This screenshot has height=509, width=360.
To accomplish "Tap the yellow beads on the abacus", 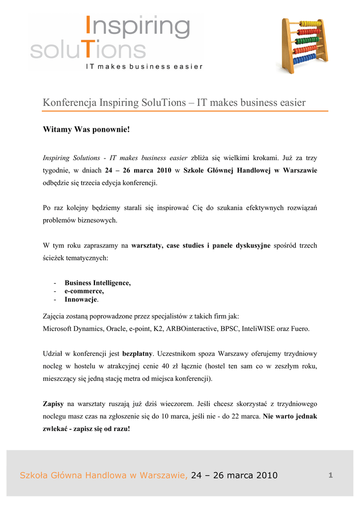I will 311,23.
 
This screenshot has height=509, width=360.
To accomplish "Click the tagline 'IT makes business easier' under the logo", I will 144,67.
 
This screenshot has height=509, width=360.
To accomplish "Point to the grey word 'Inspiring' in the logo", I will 137,29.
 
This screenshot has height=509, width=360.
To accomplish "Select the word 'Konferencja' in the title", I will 70,103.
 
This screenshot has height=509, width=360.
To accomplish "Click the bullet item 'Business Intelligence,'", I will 97,283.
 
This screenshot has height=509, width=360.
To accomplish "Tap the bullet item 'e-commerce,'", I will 84,291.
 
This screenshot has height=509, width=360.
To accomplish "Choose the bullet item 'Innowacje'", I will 81,300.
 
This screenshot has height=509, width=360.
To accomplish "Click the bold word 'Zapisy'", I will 54,404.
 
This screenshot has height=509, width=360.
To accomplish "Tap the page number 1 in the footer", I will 330,476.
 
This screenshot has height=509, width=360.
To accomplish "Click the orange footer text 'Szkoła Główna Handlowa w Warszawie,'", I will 103,476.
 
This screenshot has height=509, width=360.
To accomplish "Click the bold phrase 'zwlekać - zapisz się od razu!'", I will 87,428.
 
